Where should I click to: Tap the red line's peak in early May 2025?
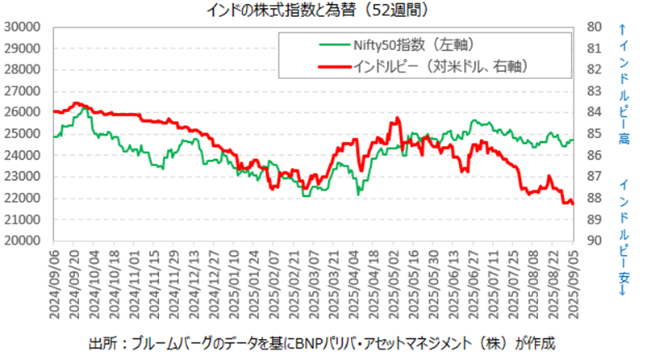[396, 119]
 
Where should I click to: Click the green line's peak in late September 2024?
[81, 107]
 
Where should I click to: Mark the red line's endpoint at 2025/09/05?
[573, 203]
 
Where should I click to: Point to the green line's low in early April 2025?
[358, 194]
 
